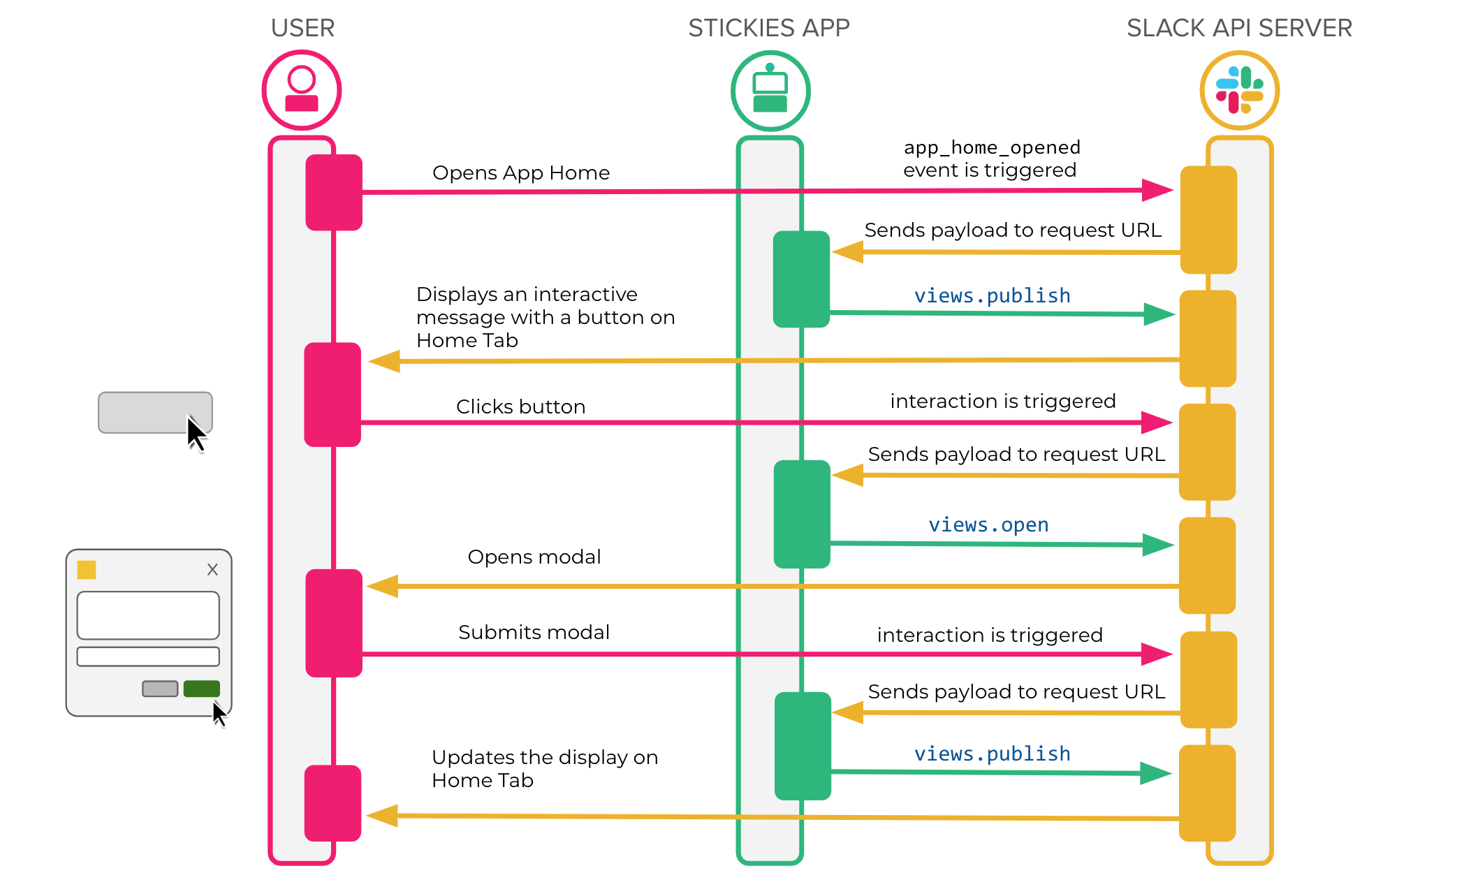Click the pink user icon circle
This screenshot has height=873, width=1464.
302,90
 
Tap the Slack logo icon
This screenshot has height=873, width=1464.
1239,90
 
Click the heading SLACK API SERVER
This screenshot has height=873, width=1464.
1239,28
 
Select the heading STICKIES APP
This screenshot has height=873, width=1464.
768,28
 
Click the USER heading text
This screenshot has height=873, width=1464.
302,28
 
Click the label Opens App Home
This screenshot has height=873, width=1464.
520,173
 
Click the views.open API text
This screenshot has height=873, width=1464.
988,524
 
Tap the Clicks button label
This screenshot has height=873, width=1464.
520,406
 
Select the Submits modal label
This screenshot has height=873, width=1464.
534,632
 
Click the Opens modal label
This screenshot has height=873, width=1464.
534,557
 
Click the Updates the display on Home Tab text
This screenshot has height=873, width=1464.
544,768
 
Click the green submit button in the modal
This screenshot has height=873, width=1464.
201,689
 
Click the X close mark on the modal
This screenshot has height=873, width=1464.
212,570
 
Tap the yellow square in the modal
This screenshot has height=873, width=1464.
87,570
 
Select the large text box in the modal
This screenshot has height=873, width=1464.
148,615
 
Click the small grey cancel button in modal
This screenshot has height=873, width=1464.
160,689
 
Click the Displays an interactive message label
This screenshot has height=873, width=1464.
545,317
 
